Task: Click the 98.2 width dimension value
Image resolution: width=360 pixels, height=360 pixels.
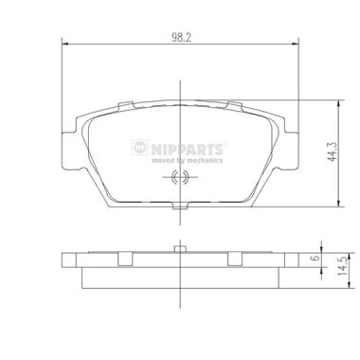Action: [181, 38]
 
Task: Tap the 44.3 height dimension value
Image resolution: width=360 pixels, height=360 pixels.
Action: [332, 152]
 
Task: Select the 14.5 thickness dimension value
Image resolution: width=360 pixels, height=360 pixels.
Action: [343, 265]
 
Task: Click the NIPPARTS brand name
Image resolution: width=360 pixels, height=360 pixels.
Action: [188, 149]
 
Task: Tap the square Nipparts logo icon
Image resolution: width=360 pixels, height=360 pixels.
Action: [140, 147]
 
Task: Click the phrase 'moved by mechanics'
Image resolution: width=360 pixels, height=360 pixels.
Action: [188, 160]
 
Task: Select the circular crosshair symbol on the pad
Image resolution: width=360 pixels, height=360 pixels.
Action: [180, 177]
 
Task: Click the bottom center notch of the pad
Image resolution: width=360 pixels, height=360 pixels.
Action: [180, 206]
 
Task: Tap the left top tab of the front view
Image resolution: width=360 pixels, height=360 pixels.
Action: [125, 106]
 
